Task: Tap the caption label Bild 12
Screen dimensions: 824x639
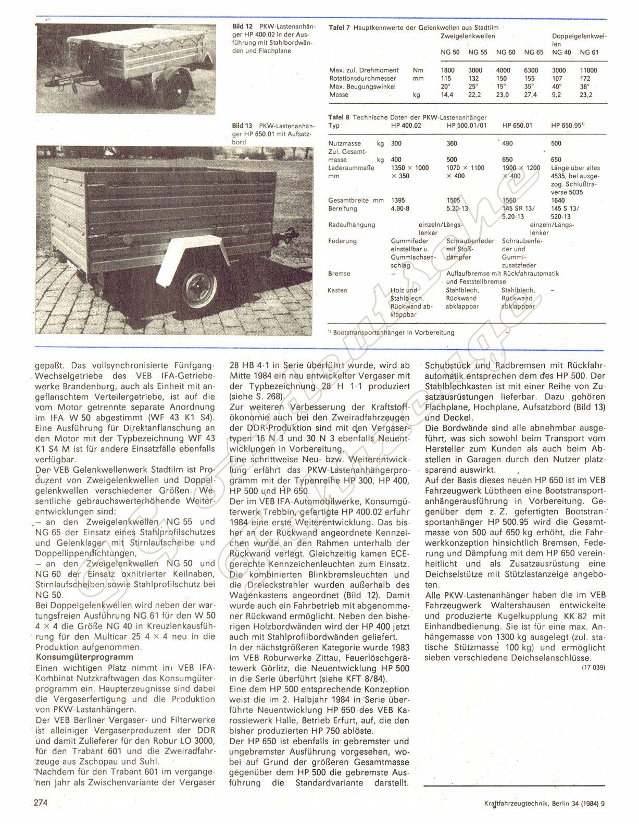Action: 242,26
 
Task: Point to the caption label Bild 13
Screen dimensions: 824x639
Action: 242,126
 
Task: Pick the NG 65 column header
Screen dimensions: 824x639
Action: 533,52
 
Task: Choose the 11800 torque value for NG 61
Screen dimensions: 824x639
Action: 588,70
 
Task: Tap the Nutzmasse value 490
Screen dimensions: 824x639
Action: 508,143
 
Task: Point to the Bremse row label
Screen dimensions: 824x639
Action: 340,274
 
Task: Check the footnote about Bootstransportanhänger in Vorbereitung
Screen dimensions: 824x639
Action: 395,332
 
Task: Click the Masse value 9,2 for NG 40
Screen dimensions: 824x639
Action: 558,95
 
